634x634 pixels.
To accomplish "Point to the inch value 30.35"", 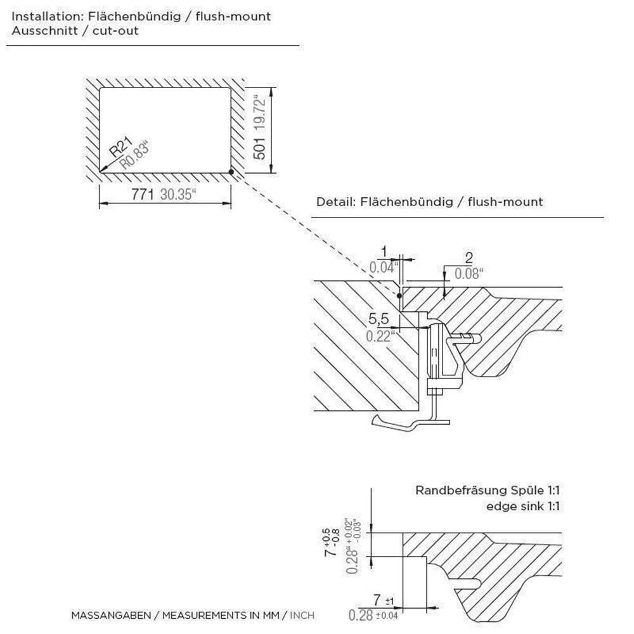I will tap(178, 195).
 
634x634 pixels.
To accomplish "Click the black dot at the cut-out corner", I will tap(232, 172).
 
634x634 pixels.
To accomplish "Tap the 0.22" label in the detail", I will tap(380, 336).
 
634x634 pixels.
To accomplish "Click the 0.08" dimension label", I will tap(469, 274).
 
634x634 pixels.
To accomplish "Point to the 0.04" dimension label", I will tap(384, 267).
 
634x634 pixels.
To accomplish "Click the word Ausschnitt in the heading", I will tap(37, 30).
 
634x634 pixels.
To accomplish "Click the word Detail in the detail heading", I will tap(334, 202).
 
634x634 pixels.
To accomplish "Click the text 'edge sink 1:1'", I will tap(524, 506).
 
